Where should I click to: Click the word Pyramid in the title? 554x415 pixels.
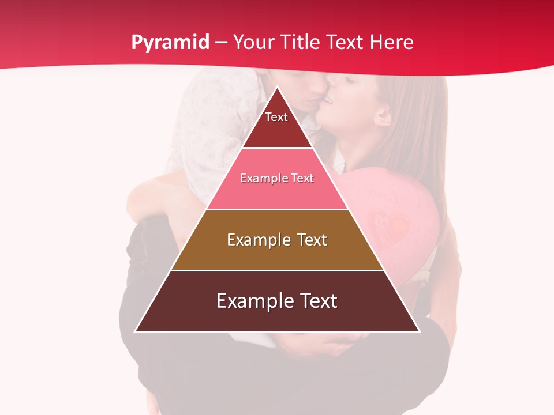tap(170, 43)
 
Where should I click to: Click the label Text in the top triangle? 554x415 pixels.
tap(276, 117)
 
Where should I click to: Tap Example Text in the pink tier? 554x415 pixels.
tap(277, 178)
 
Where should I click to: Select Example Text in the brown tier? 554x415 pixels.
tap(277, 240)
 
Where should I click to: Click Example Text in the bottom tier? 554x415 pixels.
tap(277, 301)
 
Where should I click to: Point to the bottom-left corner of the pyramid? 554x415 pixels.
tap(136, 331)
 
